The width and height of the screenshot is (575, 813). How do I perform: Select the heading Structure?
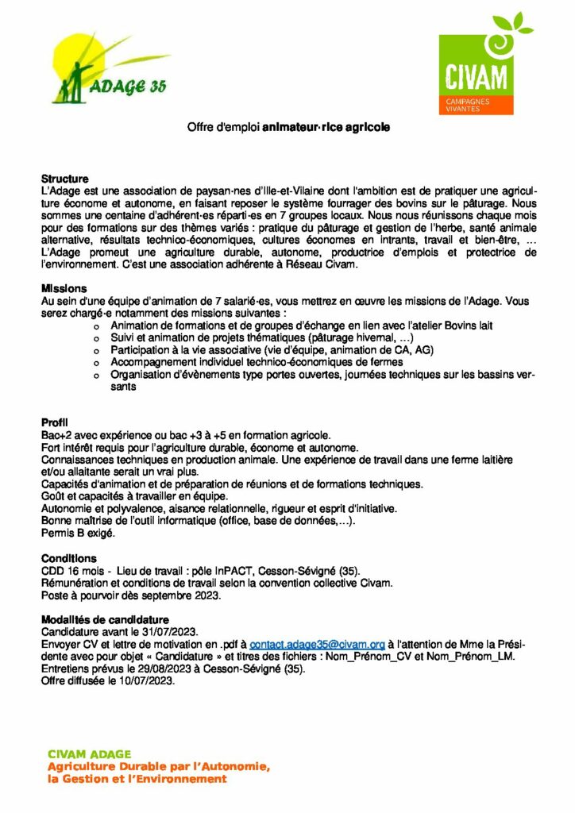(x=65, y=179)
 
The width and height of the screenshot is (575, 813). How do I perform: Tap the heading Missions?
(x=64, y=288)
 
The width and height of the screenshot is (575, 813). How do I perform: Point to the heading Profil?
(x=55, y=421)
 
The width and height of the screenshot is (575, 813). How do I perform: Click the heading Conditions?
(x=69, y=558)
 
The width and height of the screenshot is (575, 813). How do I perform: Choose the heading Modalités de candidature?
(x=105, y=619)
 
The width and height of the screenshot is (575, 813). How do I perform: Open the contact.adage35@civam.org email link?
(x=317, y=644)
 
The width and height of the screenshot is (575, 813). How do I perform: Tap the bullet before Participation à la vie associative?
(x=97, y=350)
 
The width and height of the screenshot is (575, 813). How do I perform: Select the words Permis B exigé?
(x=78, y=534)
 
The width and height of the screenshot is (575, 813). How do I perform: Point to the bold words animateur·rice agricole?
(x=326, y=126)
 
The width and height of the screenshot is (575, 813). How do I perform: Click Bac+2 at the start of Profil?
(x=57, y=436)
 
